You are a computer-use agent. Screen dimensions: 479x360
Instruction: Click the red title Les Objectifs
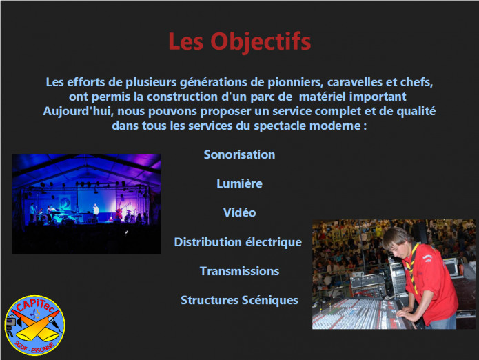click(x=240, y=41)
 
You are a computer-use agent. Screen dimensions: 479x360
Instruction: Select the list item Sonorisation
click(x=240, y=154)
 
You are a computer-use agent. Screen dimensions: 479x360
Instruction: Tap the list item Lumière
click(x=240, y=183)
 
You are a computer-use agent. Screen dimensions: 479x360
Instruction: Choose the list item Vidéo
click(x=240, y=212)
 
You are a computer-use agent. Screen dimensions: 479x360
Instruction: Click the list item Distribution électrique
click(x=238, y=242)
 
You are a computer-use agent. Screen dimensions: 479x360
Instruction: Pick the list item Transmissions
click(x=240, y=271)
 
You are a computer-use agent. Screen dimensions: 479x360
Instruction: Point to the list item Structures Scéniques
click(x=240, y=301)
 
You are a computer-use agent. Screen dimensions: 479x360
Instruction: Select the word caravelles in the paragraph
click(x=355, y=82)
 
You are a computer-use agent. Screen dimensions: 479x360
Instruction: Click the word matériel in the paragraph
click(x=322, y=97)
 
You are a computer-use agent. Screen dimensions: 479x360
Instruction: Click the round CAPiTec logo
click(x=35, y=325)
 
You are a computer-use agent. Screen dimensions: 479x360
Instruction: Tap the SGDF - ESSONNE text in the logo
click(x=34, y=346)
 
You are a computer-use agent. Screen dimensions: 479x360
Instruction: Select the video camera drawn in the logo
click(x=12, y=322)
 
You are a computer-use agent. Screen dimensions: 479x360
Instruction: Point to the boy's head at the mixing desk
click(x=396, y=242)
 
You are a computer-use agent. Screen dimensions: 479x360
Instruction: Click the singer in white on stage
click(x=96, y=212)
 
